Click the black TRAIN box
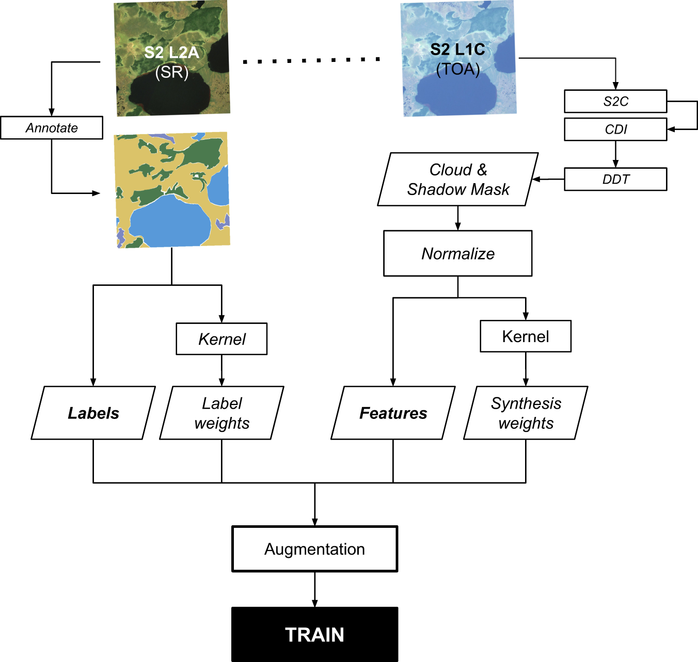[314, 634]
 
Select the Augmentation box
[314, 549]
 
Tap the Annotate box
[52, 128]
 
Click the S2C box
[615, 102]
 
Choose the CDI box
[615, 130]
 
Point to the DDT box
[615, 180]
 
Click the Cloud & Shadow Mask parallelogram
[458, 180]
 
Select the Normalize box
[458, 253]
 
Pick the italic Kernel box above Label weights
[221, 339]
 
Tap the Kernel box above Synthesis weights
[526, 336]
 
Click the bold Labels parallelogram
[93, 413]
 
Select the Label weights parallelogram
[221, 413]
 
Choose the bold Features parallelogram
[393, 413]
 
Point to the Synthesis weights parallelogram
[526, 413]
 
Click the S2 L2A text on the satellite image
[171, 53]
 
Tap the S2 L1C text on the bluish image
[457, 50]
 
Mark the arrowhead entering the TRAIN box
[314, 603]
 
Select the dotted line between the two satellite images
[312, 60]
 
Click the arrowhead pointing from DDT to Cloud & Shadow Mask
[536, 180]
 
